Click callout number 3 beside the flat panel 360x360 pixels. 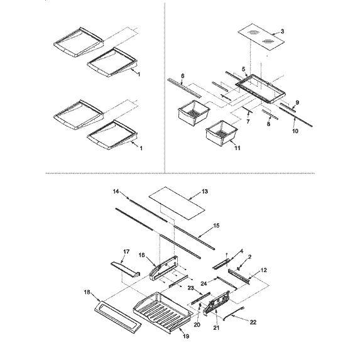(x=282, y=31)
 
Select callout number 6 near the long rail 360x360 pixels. (x=183, y=76)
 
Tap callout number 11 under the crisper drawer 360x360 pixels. (x=237, y=148)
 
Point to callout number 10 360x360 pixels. (x=295, y=131)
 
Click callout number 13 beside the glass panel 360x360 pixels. (x=205, y=191)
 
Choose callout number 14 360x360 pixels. (x=116, y=191)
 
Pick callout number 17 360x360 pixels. (x=126, y=252)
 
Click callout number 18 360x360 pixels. (x=87, y=292)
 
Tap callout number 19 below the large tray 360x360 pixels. (x=186, y=336)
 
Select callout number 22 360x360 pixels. (x=253, y=322)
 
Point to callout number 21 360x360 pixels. (x=216, y=328)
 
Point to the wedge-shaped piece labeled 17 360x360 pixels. (x=126, y=269)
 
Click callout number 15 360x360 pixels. (x=216, y=226)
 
